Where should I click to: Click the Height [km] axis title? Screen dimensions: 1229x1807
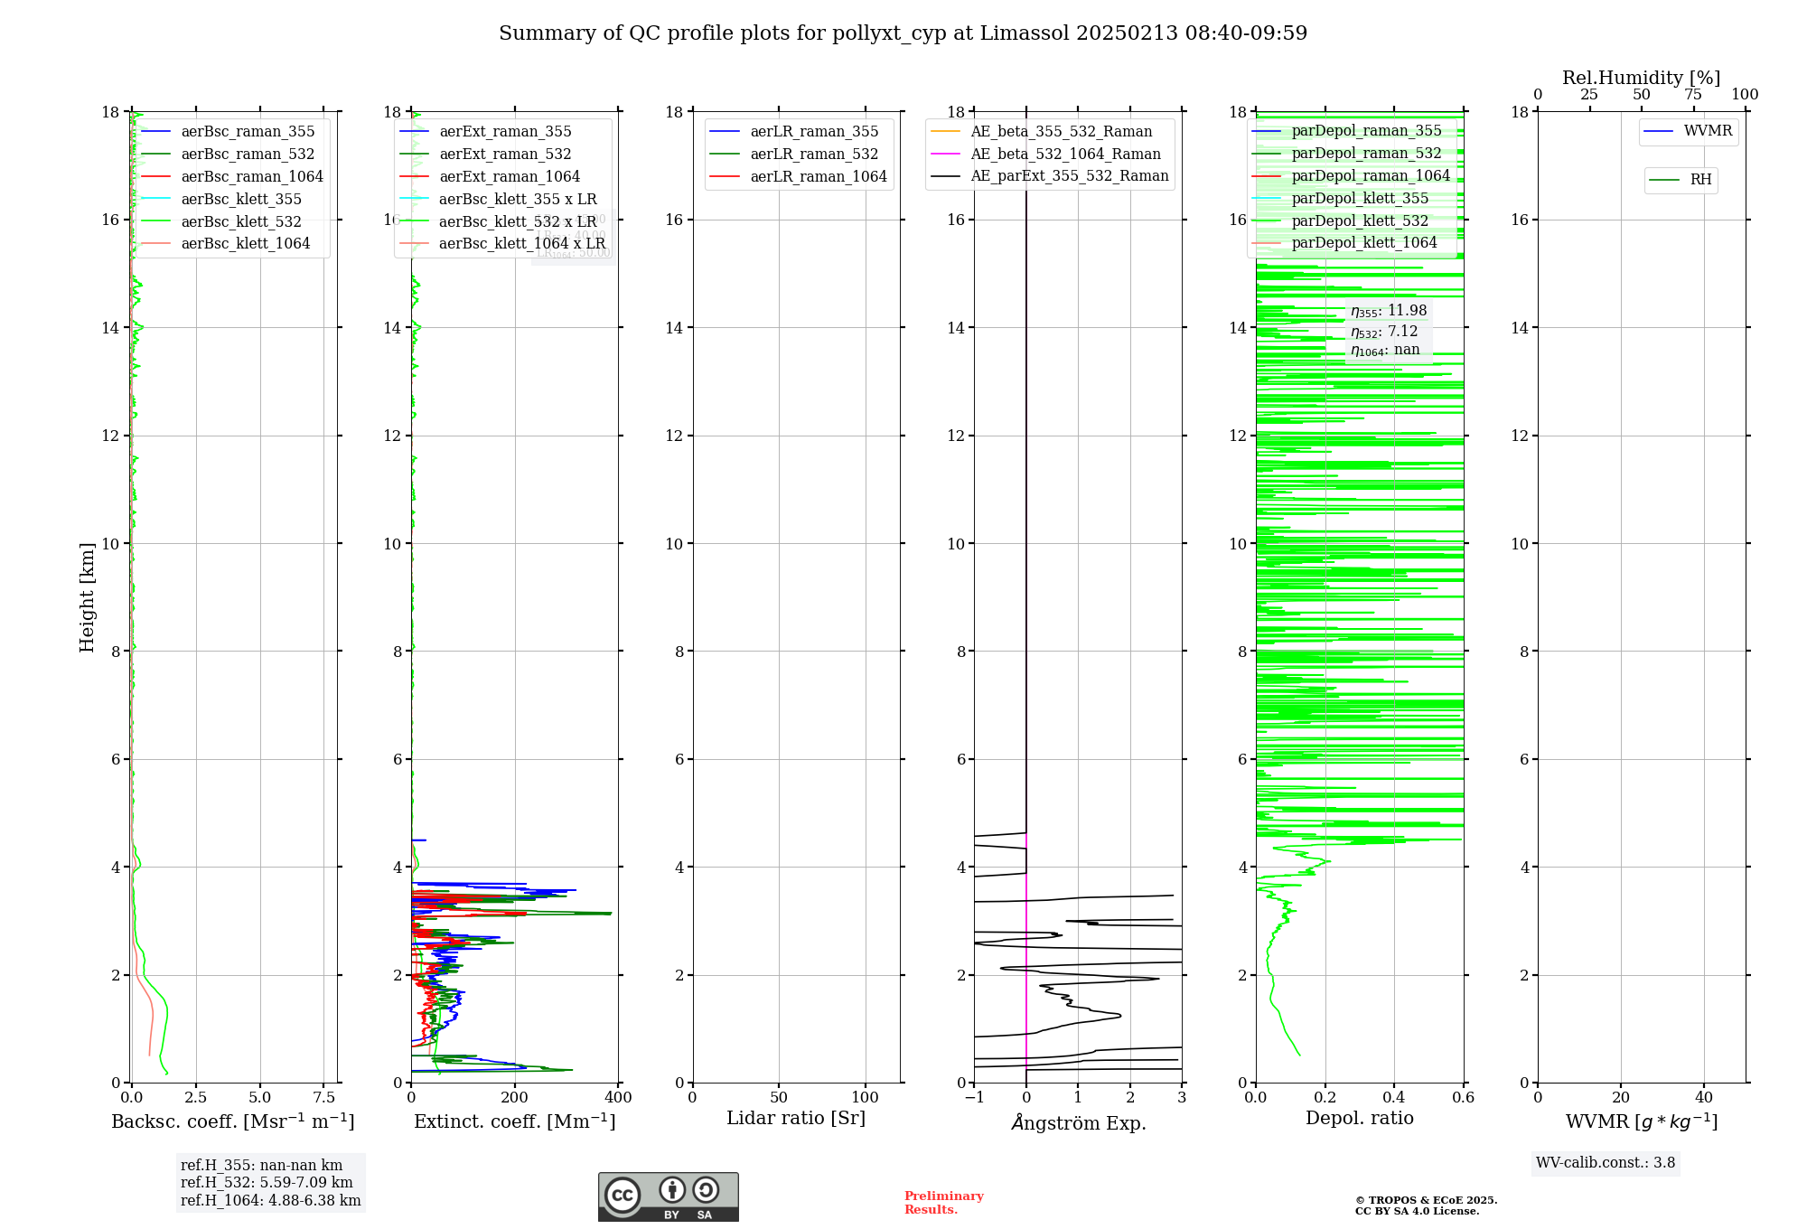coord(87,596)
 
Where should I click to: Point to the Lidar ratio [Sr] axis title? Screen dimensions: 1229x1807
coord(795,1119)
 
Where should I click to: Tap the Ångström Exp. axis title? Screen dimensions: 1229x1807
coord(1078,1123)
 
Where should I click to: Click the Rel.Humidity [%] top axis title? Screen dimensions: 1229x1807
coord(1641,78)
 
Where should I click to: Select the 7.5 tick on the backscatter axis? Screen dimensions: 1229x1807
coord(324,1098)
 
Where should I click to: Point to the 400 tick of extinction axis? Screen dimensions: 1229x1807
coord(619,1098)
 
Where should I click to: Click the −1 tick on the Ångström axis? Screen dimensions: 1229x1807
coord(974,1098)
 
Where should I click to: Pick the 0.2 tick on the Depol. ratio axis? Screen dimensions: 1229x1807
coord(1325,1098)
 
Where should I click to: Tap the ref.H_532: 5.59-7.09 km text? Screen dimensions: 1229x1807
coord(267,1183)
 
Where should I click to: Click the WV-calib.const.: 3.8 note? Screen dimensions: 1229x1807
coord(1605,1163)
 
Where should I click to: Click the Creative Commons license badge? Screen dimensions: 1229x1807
coord(668,1196)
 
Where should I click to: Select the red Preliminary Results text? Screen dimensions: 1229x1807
coord(943,1203)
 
